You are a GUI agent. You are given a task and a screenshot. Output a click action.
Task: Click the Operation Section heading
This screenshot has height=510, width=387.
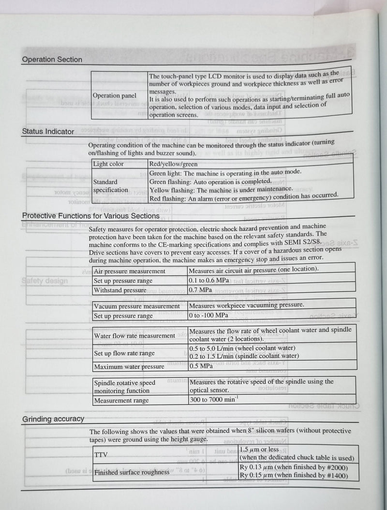point(52,60)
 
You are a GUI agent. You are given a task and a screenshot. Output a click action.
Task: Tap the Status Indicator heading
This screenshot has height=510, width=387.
point(48,131)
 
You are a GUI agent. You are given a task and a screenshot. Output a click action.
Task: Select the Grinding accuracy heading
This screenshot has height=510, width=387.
point(53,419)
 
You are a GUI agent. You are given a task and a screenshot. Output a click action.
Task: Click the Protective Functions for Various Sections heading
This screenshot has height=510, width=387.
point(90,216)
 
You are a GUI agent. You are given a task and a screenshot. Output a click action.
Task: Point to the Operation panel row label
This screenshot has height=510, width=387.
point(114,95)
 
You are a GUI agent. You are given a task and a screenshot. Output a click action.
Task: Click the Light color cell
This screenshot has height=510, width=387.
point(108,164)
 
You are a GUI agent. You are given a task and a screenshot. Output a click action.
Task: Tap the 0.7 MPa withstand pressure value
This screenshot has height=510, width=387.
point(201,290)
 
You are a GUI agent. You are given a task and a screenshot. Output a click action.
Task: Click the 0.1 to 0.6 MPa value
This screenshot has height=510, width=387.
point(209,280)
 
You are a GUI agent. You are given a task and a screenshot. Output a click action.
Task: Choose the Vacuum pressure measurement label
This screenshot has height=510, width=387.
point(136,306)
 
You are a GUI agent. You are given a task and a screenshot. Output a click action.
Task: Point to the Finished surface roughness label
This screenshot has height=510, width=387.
point(132,472)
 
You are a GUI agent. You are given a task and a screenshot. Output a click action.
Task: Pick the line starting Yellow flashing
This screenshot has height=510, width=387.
point(221,189)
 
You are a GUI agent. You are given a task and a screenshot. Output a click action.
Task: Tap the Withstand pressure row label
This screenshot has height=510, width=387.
point(120,290)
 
